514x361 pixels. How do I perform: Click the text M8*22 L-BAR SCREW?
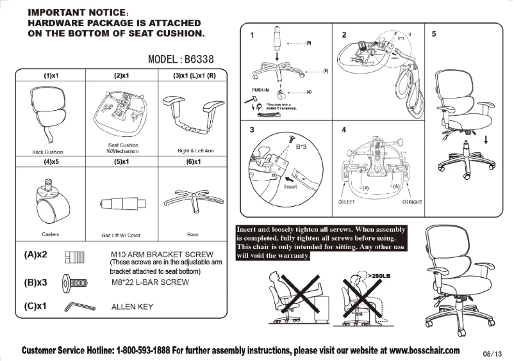(x=150, y=282)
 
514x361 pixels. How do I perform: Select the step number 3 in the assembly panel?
(x=252, y=131)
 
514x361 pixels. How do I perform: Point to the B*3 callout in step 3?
(x=301, y=147)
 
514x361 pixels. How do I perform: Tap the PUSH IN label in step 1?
(x=256, y=90)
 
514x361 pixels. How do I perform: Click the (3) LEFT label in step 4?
(x=346, y=202)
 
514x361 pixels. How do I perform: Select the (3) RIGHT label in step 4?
(x=412, y=202)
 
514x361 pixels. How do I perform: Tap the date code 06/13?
(x=490, y=353)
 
